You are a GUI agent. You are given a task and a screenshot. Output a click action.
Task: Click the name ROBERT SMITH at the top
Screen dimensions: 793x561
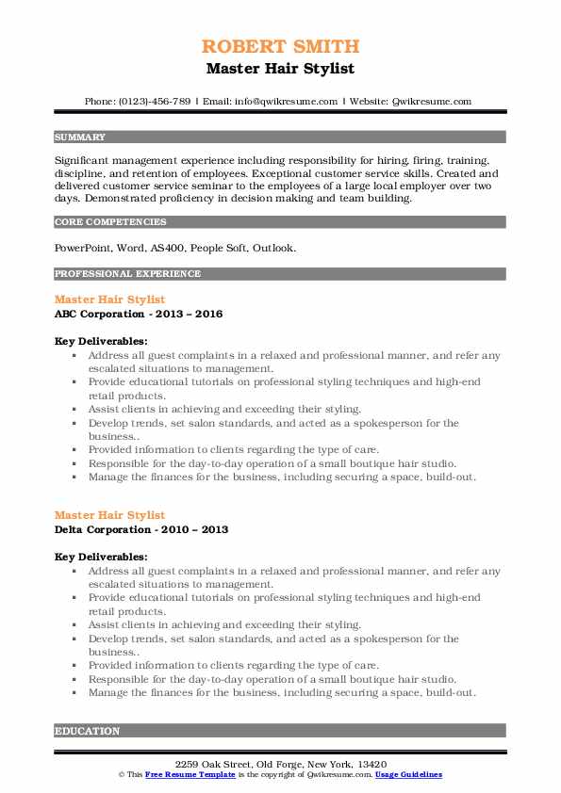[x=280, y=46]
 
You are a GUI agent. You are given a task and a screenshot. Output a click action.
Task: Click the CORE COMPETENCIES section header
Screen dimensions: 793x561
[x=110, y=222]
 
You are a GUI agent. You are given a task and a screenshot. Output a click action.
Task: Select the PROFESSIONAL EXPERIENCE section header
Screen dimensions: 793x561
[x=127, y=274]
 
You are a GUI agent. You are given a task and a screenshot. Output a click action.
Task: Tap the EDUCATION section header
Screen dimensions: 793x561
[x=88, y=730]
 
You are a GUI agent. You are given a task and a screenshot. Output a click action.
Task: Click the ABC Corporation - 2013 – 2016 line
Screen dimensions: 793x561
[x=139, y=314]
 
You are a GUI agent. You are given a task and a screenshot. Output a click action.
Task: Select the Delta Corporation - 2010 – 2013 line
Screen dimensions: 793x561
[x=141, y=529]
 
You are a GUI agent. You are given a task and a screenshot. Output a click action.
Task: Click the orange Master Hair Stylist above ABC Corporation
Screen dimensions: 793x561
[x=109, y=299]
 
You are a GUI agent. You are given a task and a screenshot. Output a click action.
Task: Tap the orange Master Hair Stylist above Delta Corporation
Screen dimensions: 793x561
[x=109, y=515]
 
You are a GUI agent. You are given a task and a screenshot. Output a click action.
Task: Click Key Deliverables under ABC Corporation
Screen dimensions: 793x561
[x=101, y=341]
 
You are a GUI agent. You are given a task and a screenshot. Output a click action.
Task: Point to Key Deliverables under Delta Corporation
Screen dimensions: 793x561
[x=101, y=557]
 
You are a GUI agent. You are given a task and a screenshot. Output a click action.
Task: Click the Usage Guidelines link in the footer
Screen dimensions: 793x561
[x=408, y=774]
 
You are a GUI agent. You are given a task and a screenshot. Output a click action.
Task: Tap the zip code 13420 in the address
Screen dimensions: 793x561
[x=372, y=763]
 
